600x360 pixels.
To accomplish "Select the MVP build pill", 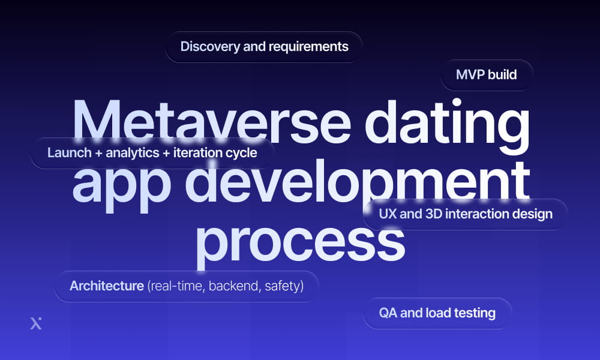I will point(486,75).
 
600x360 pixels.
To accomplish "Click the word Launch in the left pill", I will point(68,152).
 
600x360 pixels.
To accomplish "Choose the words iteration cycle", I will point(215,152).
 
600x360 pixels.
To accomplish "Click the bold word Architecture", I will point(106,286).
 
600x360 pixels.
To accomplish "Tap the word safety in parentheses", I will point(283,286).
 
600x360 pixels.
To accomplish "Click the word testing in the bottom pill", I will point(473,313).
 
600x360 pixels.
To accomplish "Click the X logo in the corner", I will point(36,323).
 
